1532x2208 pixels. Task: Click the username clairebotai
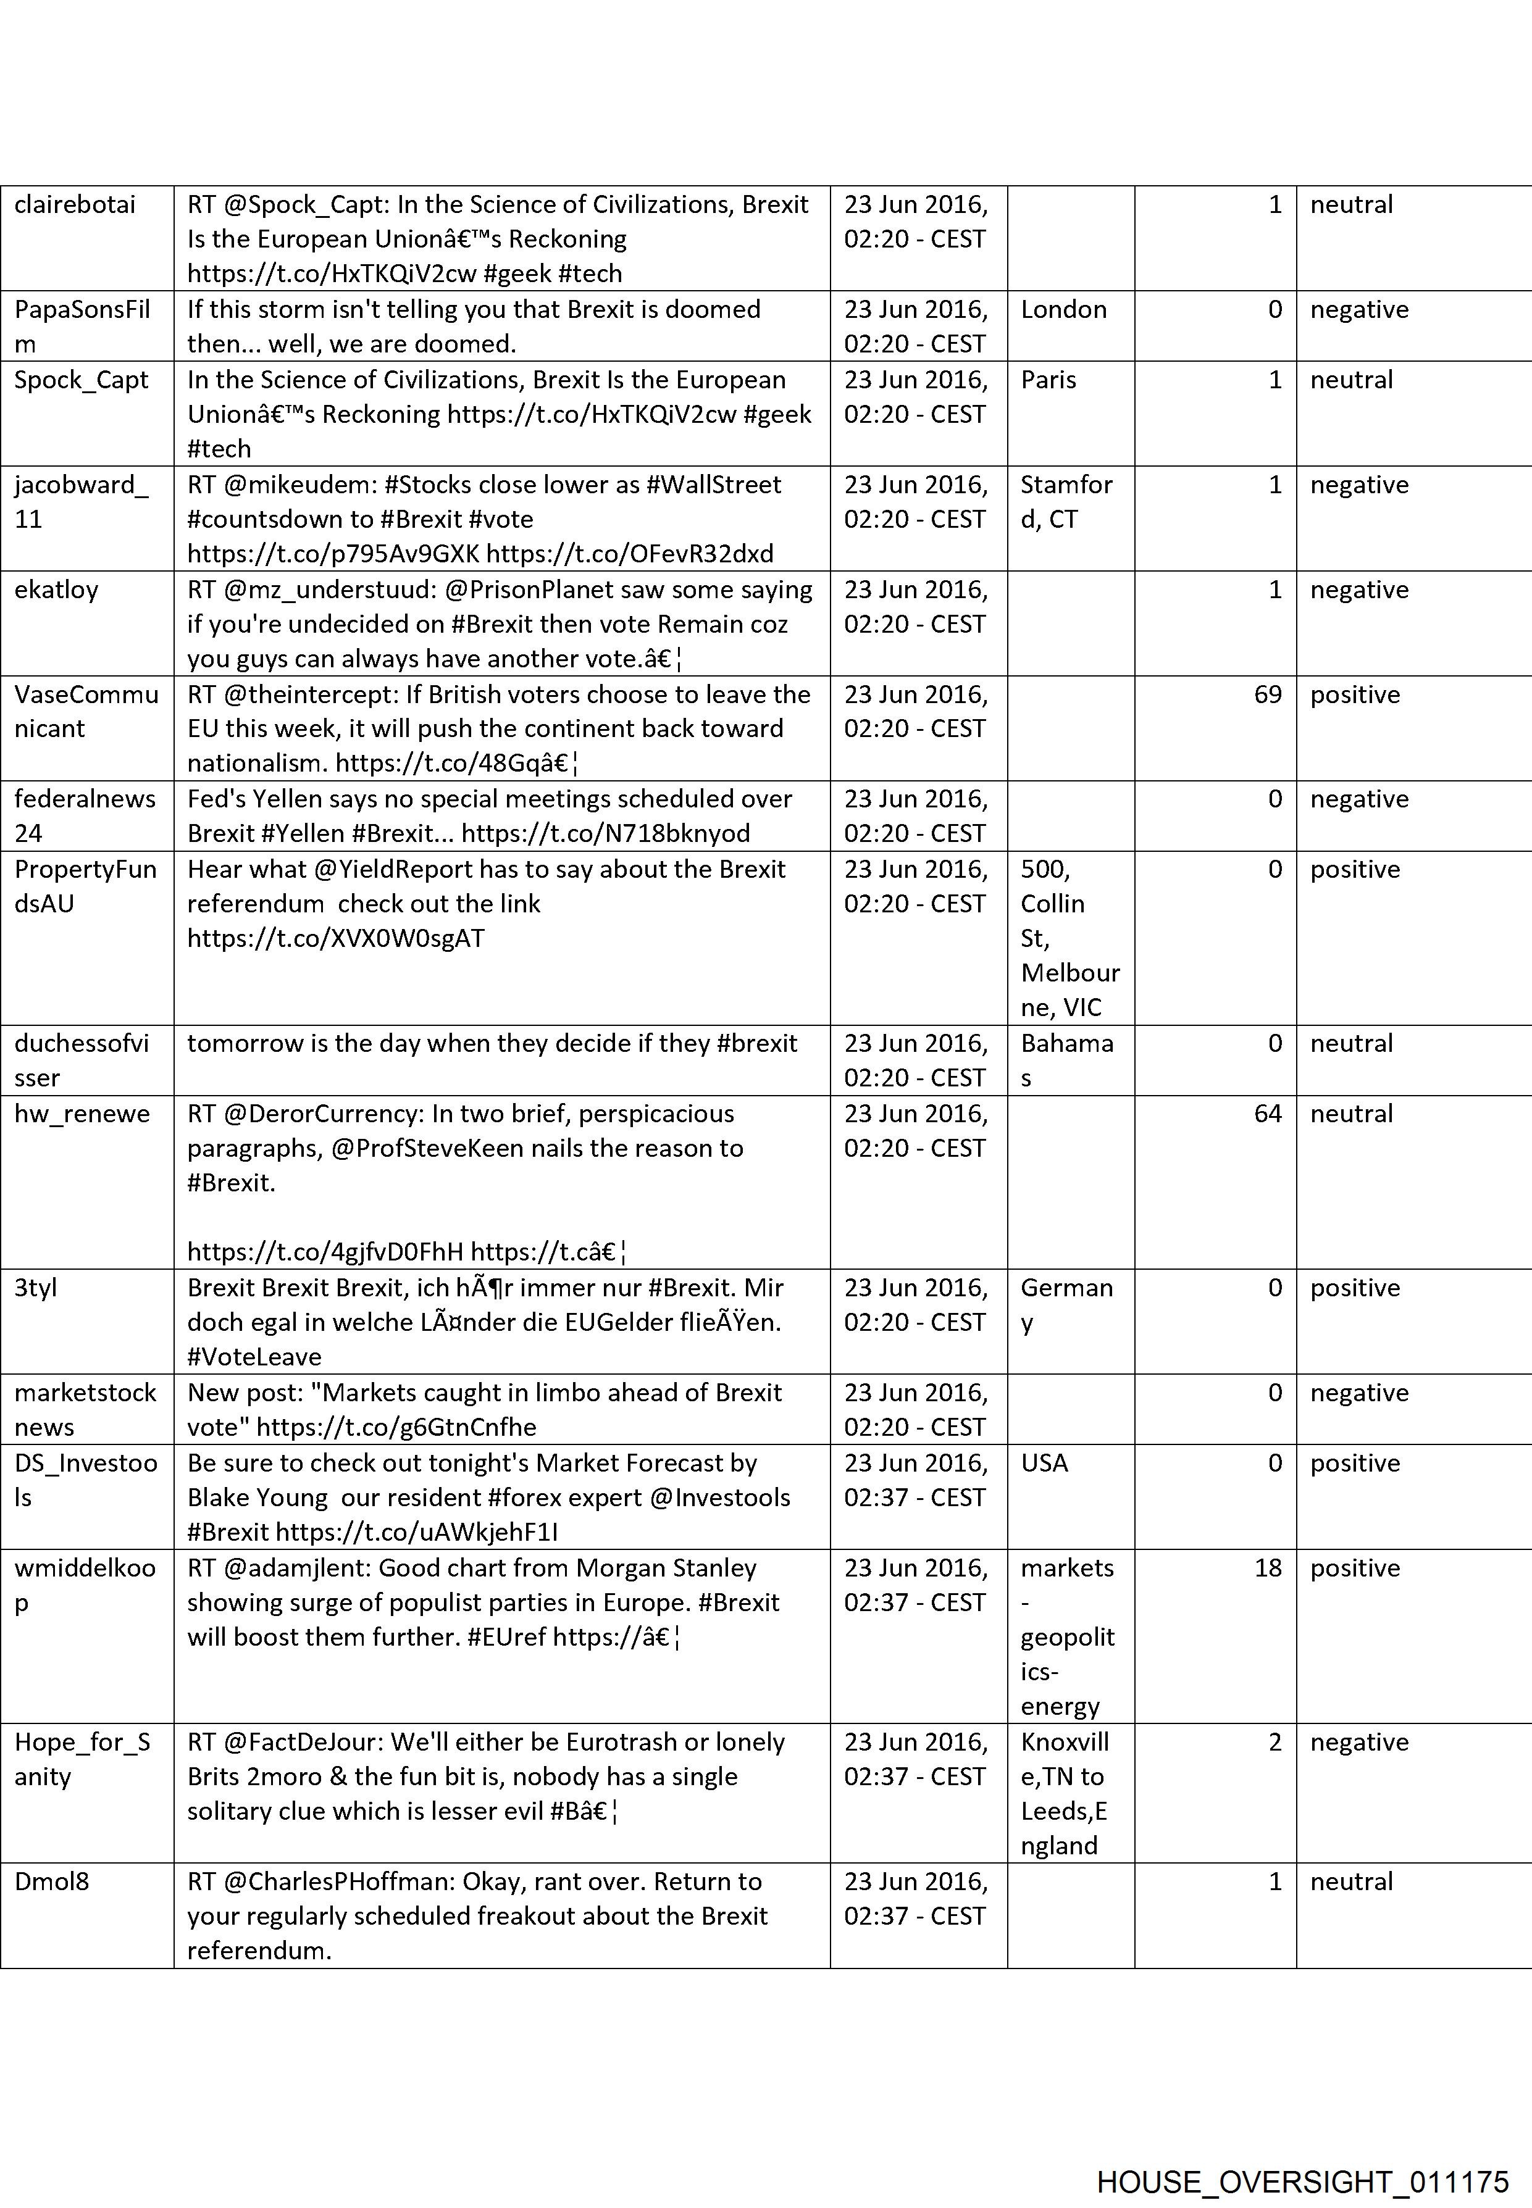[x=75, y=204]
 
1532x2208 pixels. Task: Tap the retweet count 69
[x=1267, y=694]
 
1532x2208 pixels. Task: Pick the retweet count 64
[x=1267, y=1114]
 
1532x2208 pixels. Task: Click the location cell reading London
[x=1063, y=310]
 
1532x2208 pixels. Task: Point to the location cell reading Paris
[x=1049, y=380]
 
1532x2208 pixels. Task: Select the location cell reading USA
[x=1044, y=1464]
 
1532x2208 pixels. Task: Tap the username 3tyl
[x=36, y=1288]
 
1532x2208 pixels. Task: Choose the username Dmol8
[x=52, y=1881]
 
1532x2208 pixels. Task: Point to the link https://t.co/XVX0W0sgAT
[x=336, y=938]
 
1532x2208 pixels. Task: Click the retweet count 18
[x=1267, y=1568]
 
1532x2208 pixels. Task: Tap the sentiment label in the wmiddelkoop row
[x=1354, y=1568]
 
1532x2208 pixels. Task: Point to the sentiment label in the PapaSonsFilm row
[x=1359, y=310]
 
